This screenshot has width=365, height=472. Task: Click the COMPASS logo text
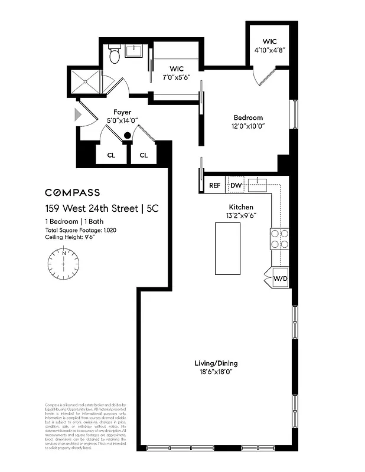pos(73,192)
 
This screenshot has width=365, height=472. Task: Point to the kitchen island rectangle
pos(227,248)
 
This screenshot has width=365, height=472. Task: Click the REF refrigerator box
pos(215,185)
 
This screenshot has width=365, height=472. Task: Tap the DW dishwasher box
pos(236,185)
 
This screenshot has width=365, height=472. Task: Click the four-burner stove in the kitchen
pos(280,238)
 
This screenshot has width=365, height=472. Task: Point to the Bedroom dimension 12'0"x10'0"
pos(247,126)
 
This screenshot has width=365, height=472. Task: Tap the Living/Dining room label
pos(216,363)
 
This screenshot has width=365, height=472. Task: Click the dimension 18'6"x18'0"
pos(216,372)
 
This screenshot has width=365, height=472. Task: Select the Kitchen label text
pos(241,207)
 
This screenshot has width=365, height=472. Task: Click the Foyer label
pos(122,112)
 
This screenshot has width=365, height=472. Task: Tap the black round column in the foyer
pos(127,136)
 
